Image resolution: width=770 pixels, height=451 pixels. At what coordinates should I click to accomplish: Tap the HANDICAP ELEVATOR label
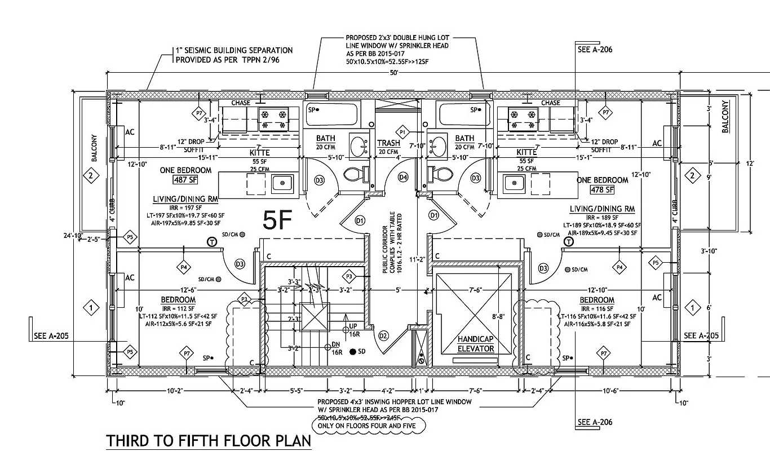(476, 344)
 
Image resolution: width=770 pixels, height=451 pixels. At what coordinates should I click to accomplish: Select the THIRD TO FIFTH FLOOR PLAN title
(209, 440)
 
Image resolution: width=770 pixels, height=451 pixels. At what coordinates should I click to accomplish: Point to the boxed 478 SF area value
(602, 189)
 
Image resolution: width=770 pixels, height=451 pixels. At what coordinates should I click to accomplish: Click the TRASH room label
(388, 143)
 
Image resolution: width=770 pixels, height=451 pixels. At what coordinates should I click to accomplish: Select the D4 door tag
(403, 177)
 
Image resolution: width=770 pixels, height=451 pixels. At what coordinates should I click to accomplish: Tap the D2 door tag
(384, 336)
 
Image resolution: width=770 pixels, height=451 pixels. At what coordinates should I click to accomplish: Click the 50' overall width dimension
(393, 73)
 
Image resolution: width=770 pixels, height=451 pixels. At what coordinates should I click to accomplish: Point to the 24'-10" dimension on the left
(74, 236)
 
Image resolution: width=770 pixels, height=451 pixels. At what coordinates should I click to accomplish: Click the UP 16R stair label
(354, 330)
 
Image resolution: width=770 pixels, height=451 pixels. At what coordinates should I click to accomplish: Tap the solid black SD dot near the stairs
(353, 352)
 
